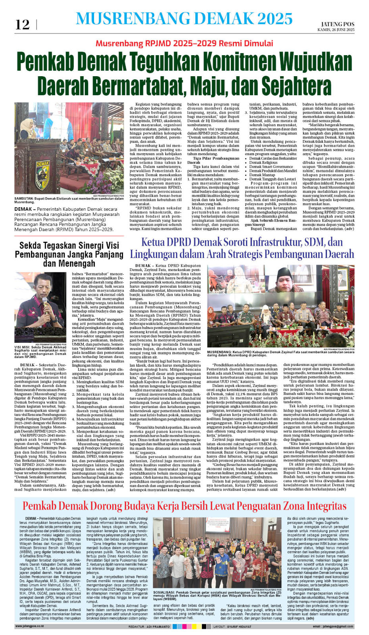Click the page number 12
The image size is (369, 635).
click(x=22, y=25)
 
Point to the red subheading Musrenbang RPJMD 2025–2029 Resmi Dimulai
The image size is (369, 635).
click(x=184, y=43)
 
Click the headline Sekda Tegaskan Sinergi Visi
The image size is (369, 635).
click(x=69, y=245)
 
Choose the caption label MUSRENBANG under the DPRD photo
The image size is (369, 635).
click(x=219, y=352)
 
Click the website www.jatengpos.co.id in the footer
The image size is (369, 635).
click(x=29, y=626)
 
